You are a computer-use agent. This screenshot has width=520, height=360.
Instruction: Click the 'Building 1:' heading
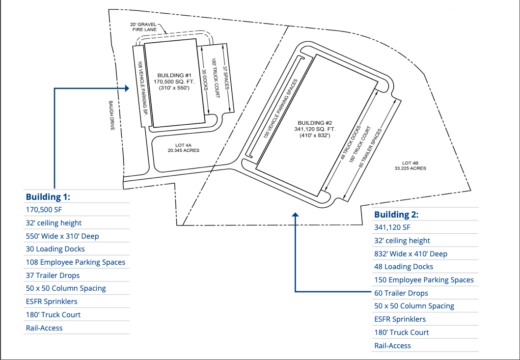coord(48,197)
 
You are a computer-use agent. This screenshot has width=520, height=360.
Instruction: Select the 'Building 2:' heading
coord(396,215)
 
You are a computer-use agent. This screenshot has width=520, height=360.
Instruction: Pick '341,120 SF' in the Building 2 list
coord(392,227)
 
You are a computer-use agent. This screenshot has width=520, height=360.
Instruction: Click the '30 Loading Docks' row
coord(55,249)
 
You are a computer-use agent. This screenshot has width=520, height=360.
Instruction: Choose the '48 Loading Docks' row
coord(404,267)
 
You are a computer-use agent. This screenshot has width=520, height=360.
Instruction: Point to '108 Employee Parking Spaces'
coord(76,262)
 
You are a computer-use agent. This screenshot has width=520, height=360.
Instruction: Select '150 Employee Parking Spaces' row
coord(424,280)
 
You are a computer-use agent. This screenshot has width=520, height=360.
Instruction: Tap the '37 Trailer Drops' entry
coord(53,276)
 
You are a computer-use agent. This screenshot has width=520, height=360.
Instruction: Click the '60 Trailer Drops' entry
coord(401,293)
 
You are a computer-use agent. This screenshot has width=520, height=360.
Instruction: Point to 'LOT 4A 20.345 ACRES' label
coord(183,148)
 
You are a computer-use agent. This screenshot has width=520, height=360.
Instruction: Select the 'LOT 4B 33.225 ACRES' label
coord(410,166)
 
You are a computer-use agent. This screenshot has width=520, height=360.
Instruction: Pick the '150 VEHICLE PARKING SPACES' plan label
coord(281,109)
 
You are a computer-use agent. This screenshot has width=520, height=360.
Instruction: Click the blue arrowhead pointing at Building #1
coord(127,88)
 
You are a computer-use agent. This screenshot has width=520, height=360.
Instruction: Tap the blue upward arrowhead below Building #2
coord(295,215)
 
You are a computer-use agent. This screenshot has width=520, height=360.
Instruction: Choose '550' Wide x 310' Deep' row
coord(62,236)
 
